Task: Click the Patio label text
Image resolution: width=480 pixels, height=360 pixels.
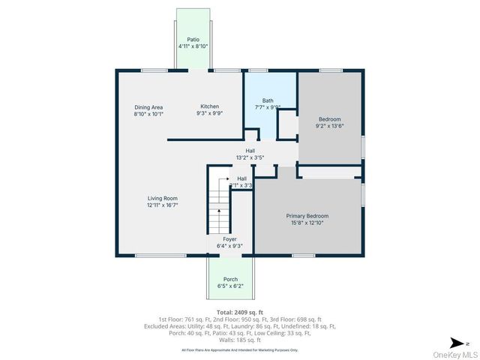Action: (x=193, y=39)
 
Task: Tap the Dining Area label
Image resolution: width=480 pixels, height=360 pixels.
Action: (x=148, y=107)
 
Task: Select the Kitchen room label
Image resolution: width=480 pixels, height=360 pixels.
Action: (x=210, y=106)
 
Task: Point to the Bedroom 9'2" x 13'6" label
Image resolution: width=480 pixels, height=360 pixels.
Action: (x=329, y=119)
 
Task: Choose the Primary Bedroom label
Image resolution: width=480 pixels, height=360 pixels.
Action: (x=307, y=216)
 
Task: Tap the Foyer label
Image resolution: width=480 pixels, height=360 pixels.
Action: (x=229, y=238)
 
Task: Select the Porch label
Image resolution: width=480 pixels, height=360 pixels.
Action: (x=230, y=279)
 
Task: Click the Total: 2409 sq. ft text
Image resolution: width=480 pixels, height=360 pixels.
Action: (x=239, y=311)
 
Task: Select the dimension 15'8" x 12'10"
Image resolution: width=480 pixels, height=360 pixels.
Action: (x=307, y=223)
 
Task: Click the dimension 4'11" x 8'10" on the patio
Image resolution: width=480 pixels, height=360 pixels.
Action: (x=193, y=46)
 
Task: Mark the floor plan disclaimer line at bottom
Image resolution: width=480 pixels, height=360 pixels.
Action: (x=239, y=349)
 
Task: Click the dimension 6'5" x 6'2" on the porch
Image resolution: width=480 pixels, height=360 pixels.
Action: (x=230, y=286)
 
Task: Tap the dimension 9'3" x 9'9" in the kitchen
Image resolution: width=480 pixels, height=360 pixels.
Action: (x=210, y=113)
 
